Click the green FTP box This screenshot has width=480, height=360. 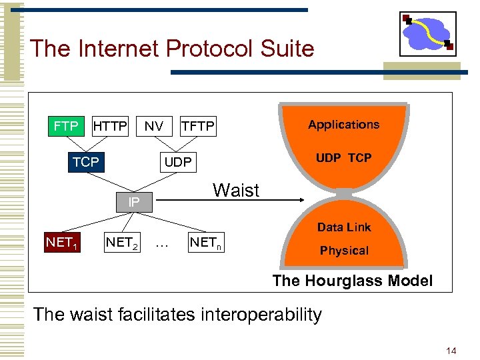click(66, 125)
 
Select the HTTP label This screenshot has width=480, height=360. click(110, 125)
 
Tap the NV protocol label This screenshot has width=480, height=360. click(154, 125)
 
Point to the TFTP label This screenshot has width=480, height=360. click(198, 126)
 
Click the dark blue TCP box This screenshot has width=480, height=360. click(86, 162)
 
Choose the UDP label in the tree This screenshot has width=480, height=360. click(178, 162)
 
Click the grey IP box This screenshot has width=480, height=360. click(134, 201)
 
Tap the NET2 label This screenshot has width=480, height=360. click(121, 243)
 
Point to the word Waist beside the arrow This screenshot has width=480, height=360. click(235, 191)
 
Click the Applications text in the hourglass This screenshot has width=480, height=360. click(343, 125)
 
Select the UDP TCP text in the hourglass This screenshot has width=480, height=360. click(343, 158)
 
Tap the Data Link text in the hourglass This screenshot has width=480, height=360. click(344, 227)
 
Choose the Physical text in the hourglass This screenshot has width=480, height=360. click(344, 251)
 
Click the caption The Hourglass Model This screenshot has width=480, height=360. click(352, 281)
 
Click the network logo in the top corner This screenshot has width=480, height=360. click(428, 35)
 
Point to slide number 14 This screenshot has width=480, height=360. click(451, 350)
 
